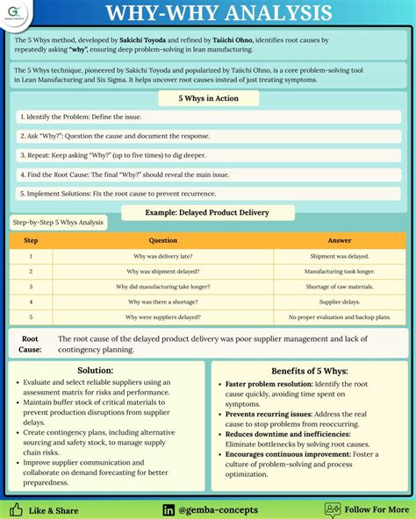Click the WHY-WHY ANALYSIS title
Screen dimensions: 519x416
coord(219,14)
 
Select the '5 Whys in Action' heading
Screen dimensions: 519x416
coord(208,99)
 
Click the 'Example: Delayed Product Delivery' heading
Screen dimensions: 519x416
coord(208,212)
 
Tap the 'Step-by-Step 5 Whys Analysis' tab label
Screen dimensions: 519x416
coord(57,223)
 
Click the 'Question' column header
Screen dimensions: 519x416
coord(163,240)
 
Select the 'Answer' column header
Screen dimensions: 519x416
coord(340,240)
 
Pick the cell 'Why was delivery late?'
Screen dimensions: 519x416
coord(163,256)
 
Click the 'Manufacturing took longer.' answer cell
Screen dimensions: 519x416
coord(340,271)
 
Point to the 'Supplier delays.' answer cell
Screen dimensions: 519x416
coord(340,301)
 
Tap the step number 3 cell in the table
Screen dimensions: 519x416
coord(31,286)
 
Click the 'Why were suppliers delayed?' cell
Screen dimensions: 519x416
coord(163,316)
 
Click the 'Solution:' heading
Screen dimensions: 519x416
coord(95,371)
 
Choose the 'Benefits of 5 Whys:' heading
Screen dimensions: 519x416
coord(310,371)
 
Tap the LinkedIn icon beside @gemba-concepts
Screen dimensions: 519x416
coord(168,509)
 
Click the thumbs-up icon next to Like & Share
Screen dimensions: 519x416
coord(16,509)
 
